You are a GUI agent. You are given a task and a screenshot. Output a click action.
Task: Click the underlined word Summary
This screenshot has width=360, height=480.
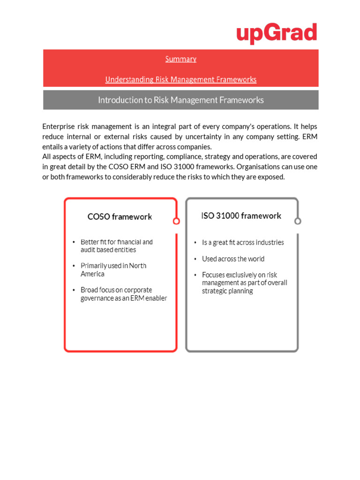point(180,59)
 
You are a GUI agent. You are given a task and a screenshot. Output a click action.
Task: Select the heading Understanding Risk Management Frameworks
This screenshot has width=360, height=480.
point(180,80)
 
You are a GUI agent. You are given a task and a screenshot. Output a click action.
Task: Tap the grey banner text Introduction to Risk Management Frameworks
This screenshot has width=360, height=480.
point(180,100)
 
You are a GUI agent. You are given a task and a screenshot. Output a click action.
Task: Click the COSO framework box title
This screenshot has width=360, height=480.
point(120,217)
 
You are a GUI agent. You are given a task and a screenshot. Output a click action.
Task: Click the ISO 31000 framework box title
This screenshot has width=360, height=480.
point(241,216)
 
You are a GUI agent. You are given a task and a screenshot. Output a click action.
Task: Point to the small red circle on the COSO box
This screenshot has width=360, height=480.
point(176,221)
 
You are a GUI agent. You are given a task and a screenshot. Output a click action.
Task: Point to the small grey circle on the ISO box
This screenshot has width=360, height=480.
point(298,221)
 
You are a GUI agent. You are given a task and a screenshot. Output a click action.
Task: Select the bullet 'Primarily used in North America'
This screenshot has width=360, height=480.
point(113,270)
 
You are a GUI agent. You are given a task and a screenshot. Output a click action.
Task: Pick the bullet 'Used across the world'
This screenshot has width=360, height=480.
point(233,259)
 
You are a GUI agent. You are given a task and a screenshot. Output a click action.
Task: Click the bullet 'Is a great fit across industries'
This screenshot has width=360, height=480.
point(243,242)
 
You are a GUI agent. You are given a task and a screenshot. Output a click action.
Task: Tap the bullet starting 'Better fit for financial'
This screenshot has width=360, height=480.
point(116,246)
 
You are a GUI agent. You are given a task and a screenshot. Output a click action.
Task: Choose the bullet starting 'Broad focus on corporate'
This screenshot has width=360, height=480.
point(123,294)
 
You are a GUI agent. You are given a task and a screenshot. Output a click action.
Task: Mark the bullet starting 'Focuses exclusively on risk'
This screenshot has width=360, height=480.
point(244,283)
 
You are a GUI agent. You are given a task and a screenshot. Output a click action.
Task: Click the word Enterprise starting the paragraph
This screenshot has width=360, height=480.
point(58,127)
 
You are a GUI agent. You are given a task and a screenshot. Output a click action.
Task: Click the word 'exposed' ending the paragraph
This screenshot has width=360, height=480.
point(272,177)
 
